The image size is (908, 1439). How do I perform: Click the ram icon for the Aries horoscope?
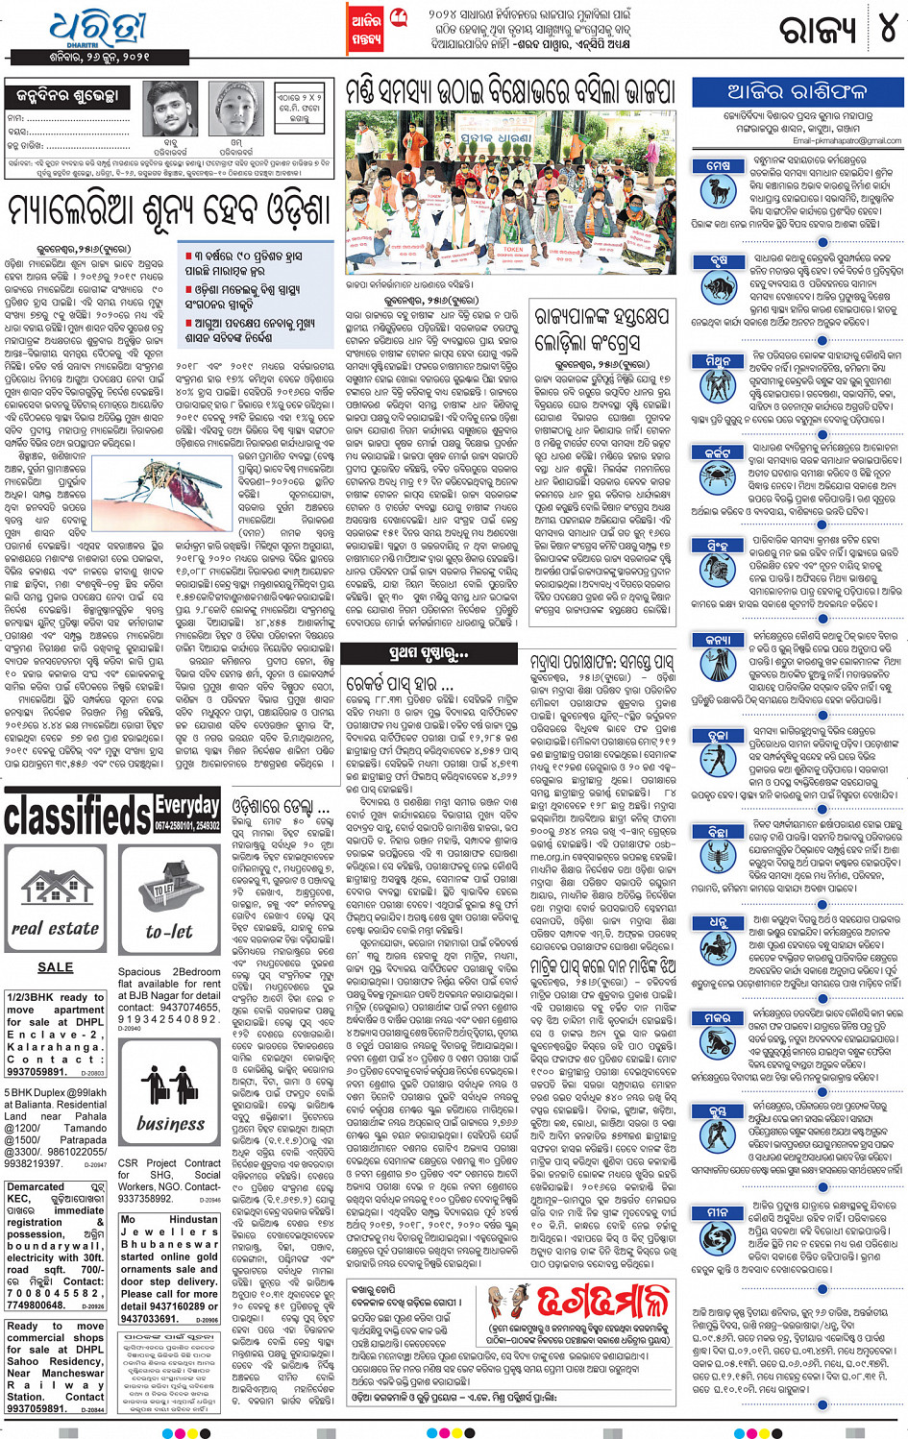pyautogui.click(x=718, y=191)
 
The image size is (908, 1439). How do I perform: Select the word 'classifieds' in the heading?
pyautogui.click(x=77, y=817)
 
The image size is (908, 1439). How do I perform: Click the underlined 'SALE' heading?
pyautogui.click(x=55, y=967)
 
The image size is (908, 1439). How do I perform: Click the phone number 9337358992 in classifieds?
pyautogui.click(x=145, y=1199)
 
